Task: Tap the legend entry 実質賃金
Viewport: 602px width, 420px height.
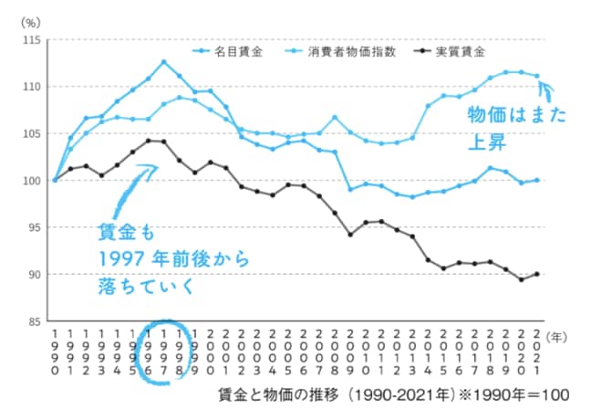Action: [453, 52]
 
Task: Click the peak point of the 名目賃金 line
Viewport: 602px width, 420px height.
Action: [163, 62]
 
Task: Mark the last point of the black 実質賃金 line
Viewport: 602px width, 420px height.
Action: [536, 274]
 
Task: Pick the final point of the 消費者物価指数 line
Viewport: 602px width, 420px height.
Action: [536, 76]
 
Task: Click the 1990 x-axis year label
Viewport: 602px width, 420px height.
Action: [55, 352]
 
